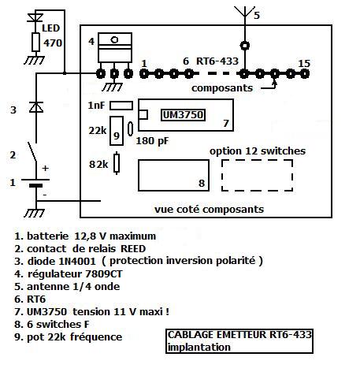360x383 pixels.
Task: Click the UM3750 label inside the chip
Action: (x=183, y=115)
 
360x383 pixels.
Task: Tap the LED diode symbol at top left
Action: (x=35, y=17)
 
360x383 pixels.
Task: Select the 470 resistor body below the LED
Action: (x=35, y=42)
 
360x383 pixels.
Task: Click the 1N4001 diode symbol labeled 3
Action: (x=36, y=107)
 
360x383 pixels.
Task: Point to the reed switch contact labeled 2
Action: (x=32, y=151)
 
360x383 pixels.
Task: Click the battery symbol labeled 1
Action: (x=35, y=183)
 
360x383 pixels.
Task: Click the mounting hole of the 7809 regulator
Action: (x=114, y=40)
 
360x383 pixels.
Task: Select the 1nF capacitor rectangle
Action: (x=121, y=106)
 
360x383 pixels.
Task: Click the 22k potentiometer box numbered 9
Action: (x=117, y=131)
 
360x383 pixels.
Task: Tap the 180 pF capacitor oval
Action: (x=130, y=129)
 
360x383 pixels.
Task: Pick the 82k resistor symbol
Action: (x=117, y=163)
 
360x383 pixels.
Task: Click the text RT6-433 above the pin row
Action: (x=217, y=61)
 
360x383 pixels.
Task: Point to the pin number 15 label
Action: (x=304, y=63)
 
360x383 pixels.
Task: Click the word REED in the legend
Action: (x=133, y=248)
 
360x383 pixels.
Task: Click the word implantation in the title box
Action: (x=199, y=347)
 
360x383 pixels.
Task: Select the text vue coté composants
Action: (x=209, y=210)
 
